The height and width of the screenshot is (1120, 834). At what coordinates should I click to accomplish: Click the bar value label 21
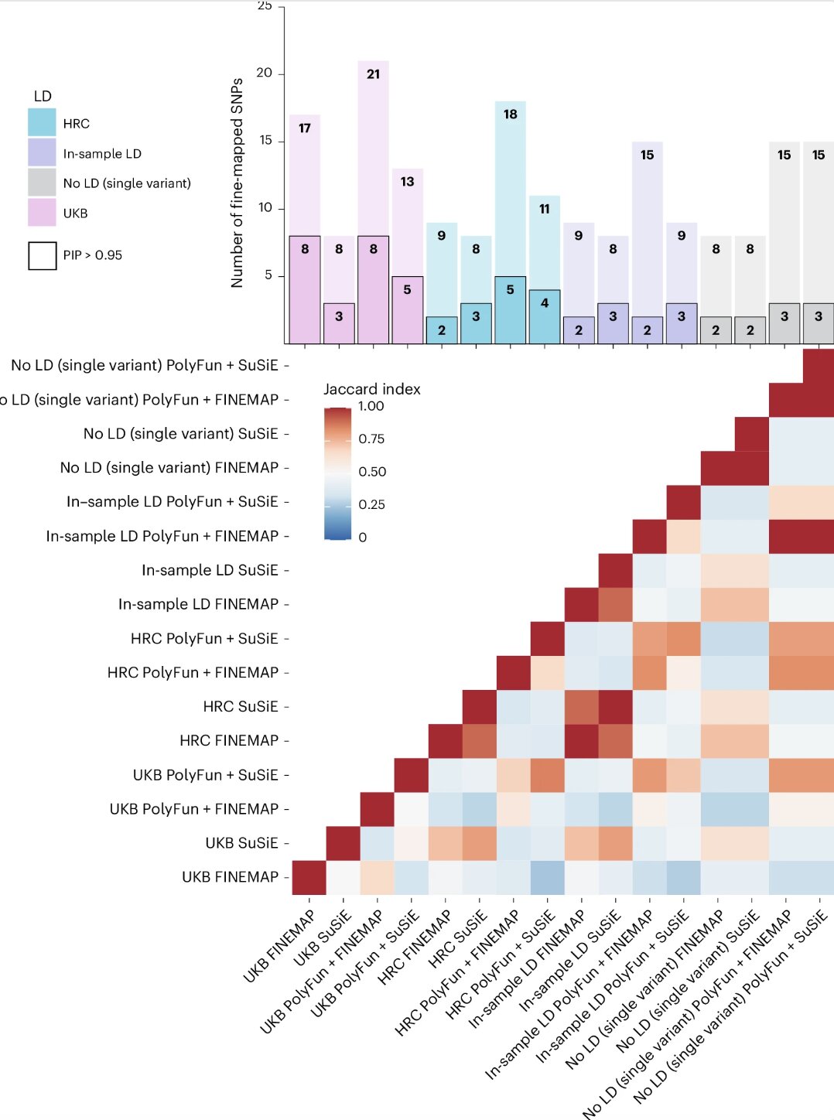click(373, 74)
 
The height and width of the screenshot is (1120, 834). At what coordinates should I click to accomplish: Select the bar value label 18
click(510, 114)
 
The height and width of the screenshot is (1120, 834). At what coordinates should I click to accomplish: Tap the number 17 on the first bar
click(305, 128)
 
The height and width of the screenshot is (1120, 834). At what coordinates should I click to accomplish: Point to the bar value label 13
click(407, 182)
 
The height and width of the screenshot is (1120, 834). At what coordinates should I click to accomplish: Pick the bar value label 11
click(544, 209)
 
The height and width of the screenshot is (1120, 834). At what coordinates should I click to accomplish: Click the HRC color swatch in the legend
click(42, 123)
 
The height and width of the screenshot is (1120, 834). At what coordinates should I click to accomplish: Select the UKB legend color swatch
click(42, 213)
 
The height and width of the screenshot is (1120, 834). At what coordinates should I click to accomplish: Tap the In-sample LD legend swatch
click(42, 153)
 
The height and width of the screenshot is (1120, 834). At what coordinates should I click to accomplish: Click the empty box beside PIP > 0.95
click(42, 255)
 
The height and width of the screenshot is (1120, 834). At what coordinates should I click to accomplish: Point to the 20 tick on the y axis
click(265, 73)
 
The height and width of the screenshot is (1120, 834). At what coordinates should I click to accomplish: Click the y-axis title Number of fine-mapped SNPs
click(237, 183)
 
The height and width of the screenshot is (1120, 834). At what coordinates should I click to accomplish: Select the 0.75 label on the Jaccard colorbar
click(371, 439)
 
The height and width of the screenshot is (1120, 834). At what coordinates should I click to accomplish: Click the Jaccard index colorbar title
click(371, 389)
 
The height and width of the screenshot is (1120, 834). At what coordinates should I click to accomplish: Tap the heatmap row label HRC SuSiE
click(240, 707)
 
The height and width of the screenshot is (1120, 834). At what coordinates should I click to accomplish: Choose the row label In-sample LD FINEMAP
click(198, 604)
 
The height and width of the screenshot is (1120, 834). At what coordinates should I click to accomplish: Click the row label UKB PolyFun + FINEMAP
click(193, 809)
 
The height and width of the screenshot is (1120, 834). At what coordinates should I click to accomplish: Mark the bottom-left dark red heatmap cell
click(309, 878)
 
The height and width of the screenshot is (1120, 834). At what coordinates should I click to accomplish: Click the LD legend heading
click(43, 96)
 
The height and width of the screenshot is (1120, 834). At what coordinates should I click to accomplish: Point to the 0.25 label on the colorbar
click(371, 505)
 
